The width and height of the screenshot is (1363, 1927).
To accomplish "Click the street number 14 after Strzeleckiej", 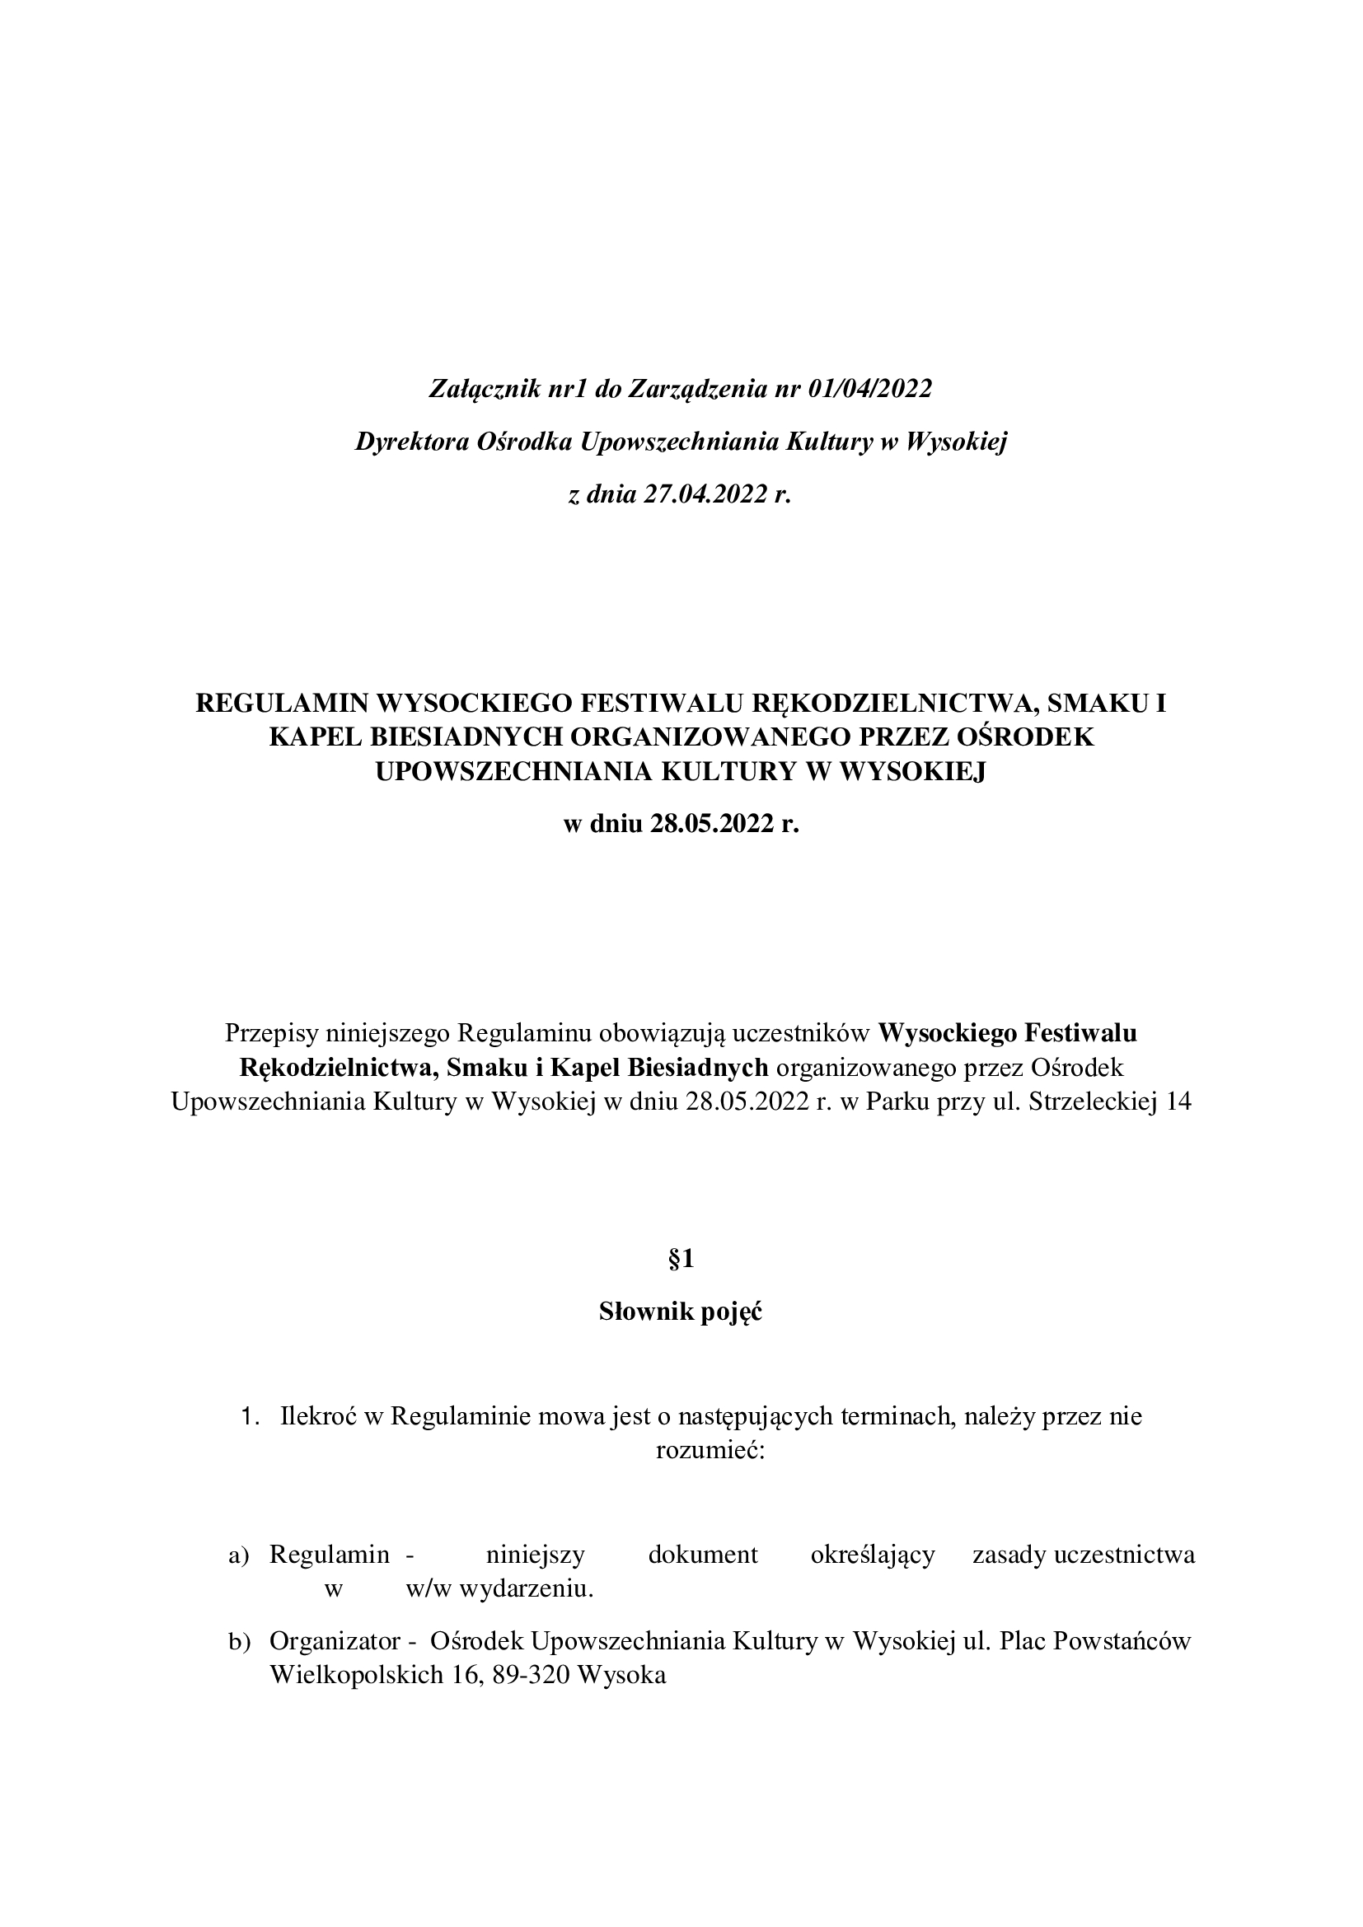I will [x=1178, y=1101].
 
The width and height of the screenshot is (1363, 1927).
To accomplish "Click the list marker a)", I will [x=239, y=1555].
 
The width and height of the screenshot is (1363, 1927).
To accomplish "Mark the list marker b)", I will [x=239, y=1642].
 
